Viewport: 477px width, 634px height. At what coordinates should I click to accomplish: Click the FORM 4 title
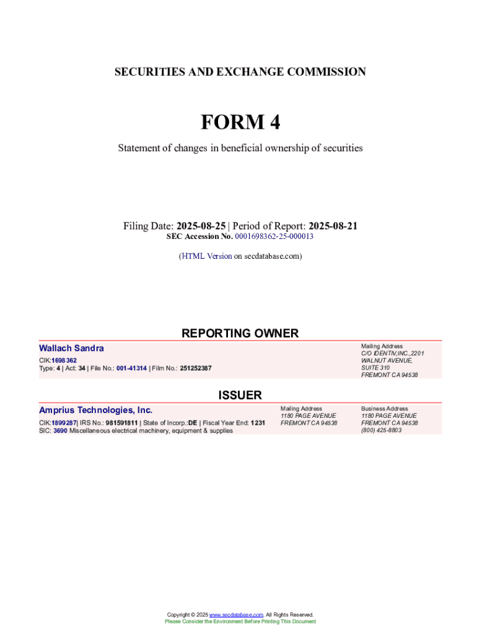click(240, 123)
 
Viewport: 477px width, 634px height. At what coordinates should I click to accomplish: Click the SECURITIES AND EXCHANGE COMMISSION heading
click(240, 72)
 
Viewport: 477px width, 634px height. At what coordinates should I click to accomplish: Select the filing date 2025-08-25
click(201, 226)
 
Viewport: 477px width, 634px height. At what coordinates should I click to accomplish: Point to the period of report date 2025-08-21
click(333, 226)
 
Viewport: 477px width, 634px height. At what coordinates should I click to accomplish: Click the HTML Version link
click(206, 256)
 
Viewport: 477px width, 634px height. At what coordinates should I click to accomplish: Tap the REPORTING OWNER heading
click(240, 333)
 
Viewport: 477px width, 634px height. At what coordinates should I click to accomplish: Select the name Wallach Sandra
click(71, 349)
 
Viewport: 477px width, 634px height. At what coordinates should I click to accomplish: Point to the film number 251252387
click(196, 368)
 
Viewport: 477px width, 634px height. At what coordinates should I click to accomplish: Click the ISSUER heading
click(240, 395)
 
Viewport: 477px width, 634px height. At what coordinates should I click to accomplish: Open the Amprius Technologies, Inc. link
click(95, 410)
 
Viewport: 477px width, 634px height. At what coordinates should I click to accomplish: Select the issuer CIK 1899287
click(64, 423)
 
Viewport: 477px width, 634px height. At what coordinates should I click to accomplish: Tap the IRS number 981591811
click(121, 423)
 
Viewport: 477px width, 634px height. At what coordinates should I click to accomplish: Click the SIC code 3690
click(60, 431)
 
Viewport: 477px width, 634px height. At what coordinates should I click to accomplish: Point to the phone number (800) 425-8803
click(381, 430)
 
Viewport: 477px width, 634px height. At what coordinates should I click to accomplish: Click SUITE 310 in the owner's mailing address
click(375, 368)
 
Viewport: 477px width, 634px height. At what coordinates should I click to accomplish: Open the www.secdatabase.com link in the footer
click(237, 615)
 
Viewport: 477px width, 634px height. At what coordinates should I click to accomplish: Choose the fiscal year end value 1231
click(258, 423)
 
